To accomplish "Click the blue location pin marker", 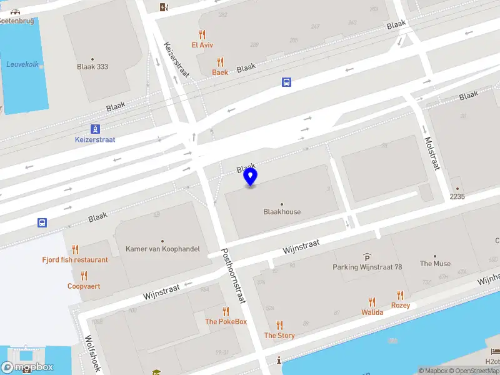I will pyautogui.click(x=251, y=177).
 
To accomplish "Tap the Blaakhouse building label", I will pyautogui.click(x=282, y=212).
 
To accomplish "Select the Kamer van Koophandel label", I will pyautogui.click(x=162, y=249).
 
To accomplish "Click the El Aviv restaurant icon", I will pyautogui.click(x=202, y=34).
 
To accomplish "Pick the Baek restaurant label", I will pyautogui.click(x=220, y=72).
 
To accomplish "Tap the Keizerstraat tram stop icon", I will pyautogui.click(x=95, y=129).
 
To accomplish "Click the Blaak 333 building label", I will pyautogui.click(x=92, y=66).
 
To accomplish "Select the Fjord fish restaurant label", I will pyautogui.click(x=75, y=260).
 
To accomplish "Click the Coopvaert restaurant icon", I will pyautogui.click(x=84, y=276).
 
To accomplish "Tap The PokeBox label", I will pyautogui.click(x=226, y=322).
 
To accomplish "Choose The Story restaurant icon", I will pyautogui.click(x=279, y=325).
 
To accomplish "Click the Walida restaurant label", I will pyautogui.click(x=372, y=312).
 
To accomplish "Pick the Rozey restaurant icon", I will pyautogui.click(x=401, y=295).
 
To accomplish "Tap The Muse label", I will pyautogui.click(x=435, y=264).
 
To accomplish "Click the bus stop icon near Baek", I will pyautogui.click(x=286, y=82).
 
